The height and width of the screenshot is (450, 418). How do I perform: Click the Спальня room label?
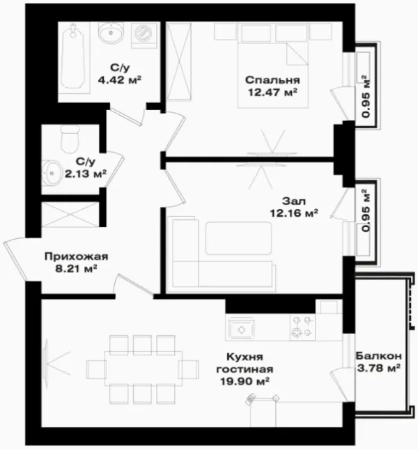click(272, 80)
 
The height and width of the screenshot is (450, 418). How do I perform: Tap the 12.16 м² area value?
click(294, 213)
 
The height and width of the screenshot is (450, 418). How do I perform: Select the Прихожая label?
click(77, 256)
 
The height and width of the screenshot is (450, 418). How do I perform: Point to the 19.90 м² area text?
click(245, 382)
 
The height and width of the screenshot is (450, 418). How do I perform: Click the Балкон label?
click(379, 356)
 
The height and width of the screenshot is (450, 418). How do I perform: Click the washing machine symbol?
click(144, 36)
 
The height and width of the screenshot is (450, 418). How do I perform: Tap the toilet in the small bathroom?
click(70, 139)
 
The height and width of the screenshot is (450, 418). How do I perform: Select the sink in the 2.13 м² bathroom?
click(52, 173)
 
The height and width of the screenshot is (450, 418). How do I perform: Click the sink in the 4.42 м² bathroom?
click(111, 33)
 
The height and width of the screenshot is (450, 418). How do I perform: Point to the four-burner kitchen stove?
click(302, 327)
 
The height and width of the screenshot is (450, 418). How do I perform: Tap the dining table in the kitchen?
click(144, 368)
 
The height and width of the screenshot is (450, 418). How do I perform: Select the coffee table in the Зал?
click(238, 238)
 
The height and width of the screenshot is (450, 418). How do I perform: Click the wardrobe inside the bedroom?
click(179, 61)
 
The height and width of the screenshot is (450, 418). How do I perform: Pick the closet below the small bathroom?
click(70, 214)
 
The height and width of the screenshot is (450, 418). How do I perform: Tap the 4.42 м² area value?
click(120, 79)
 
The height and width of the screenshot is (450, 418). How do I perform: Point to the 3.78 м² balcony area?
click(379, 368)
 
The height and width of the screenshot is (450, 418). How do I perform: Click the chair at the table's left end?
click(96, 369)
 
